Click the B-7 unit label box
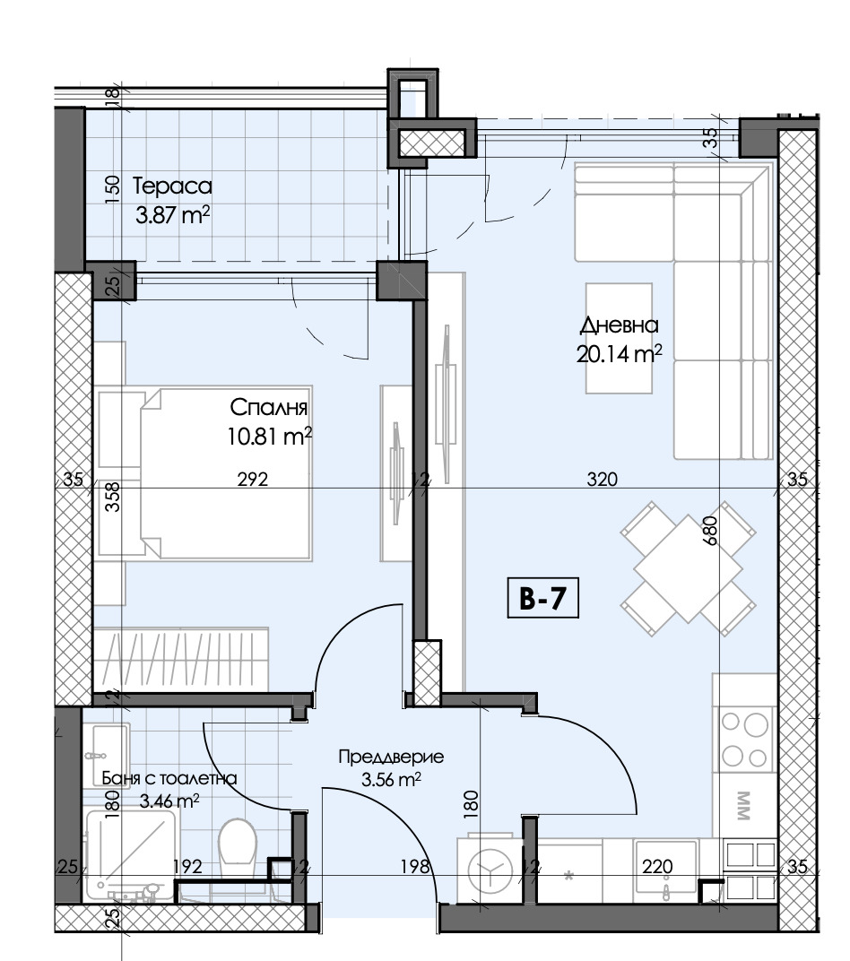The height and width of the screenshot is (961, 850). point(543,598)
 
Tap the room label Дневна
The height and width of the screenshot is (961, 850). point(619,325)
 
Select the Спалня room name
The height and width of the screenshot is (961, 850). point(268,407)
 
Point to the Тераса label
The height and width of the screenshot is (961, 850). point(172,186)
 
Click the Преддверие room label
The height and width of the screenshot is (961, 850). point(391,757)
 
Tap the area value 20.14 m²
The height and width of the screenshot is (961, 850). point(619,353)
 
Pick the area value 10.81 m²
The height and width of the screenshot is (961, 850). point(270,437)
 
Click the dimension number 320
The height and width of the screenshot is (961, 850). point(602,479)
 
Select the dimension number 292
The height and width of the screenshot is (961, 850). point(253,479)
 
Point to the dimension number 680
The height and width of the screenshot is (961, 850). point(709,532)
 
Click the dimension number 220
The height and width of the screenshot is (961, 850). point(657,866)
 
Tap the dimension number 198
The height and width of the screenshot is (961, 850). point(415,866)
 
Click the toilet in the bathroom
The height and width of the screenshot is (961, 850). point(237,850)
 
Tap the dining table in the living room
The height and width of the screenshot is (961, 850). point(688,568)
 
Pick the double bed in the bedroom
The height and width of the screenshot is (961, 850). point(226,472)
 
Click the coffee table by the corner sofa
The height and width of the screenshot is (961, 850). point(619,338)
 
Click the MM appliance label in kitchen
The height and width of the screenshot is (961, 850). point(742,806)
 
